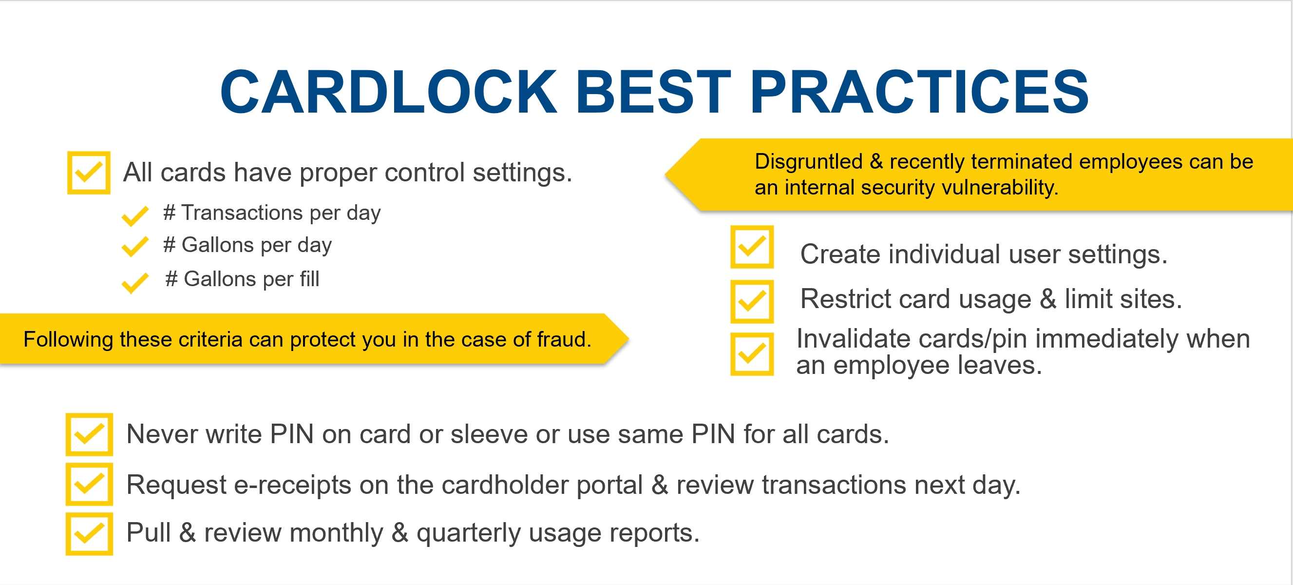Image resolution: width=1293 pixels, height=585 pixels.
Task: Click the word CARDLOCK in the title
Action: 388,92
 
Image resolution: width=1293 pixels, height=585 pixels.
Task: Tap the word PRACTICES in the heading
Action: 919,92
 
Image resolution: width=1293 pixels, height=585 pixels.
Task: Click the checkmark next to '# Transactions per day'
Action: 135,216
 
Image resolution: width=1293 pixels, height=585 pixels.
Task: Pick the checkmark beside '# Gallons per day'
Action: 135,247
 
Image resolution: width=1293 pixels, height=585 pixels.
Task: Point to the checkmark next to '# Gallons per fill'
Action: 135,283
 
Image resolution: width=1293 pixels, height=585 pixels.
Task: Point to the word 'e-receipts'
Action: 293,486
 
